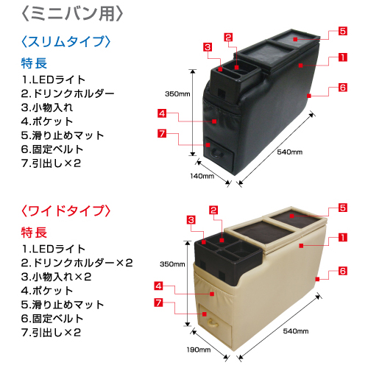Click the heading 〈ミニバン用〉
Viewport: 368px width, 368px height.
tap(72, 14)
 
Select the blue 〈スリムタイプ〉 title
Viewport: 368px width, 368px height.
tap(66, 41)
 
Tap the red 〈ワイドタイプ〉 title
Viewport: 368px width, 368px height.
tap(66, 210)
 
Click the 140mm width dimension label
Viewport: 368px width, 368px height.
tap(202, 176)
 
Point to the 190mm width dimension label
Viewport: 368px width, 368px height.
tap(199, 350)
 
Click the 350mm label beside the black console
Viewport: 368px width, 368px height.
tap(177, 94)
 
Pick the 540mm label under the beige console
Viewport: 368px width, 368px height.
tap(296, 331)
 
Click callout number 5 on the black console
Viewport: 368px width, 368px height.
tap(343, 31)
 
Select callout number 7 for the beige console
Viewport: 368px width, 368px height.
tap(159, 302)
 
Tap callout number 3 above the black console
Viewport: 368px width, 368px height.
tap(208, 47)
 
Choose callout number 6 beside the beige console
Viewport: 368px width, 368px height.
tap(343, 271)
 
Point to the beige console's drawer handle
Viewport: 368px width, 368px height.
tap(212, 324)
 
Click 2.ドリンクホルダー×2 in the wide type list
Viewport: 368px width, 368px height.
tap(77, 263)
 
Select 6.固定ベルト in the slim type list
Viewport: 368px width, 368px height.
tap(52, 149)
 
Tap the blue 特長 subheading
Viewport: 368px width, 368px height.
tap(34, 63)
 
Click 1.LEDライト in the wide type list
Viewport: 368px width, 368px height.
tap(53, 249)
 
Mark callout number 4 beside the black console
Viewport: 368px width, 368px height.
tap(162, 113)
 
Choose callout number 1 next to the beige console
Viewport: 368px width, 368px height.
tap(343, 237)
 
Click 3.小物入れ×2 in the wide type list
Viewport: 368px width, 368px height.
tap(56, 277)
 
